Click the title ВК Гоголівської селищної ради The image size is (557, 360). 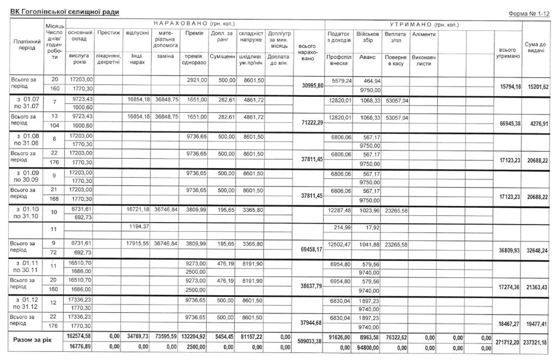[65, 11]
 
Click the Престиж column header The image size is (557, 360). [109, 33]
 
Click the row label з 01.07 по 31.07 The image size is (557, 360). [26, 103]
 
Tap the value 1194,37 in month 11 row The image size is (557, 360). [138, 226]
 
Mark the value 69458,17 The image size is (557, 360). [308, 250]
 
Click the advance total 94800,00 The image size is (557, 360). [369, 346]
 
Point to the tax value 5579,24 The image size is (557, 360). [338, 80]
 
